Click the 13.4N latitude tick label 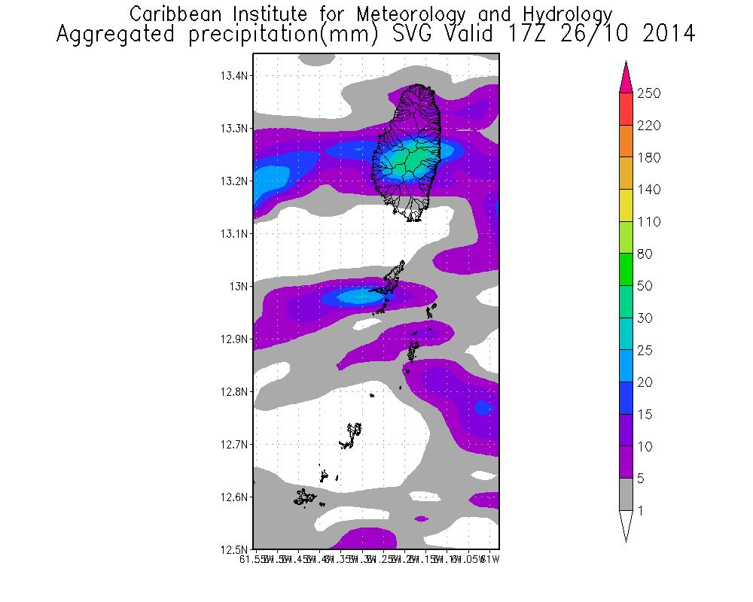click(x=235, y=76)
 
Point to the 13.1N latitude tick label click(x=235, y=234)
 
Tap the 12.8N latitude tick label click(x=235, y=392)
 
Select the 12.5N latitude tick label click(x=235, y=549)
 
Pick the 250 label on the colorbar click(x=649, y=93)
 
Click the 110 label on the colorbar click(x=649, y=222)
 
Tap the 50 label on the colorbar click(x=645, y=287)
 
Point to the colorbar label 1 click(x=641, y=511)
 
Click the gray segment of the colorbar click(x=626, y=495)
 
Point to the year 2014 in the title click(x=663, y=35)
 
